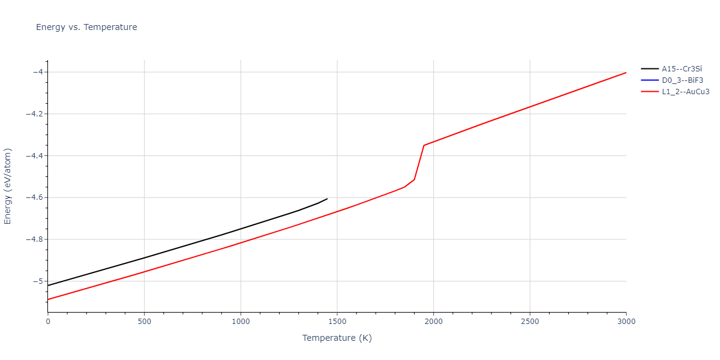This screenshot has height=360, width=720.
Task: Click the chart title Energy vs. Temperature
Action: click(86, 27)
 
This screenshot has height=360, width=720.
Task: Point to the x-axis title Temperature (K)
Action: click(337, 338)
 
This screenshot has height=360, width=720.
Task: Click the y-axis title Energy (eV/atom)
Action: click(8, 186)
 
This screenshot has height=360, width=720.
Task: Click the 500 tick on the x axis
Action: click(144, 322)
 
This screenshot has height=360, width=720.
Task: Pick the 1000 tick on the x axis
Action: click(241, 322)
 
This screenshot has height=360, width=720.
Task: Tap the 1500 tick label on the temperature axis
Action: click(337, 322)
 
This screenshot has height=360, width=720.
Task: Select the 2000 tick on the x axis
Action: click(433, 322)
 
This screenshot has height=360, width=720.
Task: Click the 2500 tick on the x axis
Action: click(530, 322)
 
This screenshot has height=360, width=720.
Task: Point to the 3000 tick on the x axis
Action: click(626, 322)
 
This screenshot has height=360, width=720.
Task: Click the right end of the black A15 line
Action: click(327, 199)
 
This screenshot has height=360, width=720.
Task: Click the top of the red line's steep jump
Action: click(424, 145)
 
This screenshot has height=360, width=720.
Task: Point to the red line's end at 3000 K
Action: click(626, 73)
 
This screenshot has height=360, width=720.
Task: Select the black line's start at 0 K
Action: click(48, 286)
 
